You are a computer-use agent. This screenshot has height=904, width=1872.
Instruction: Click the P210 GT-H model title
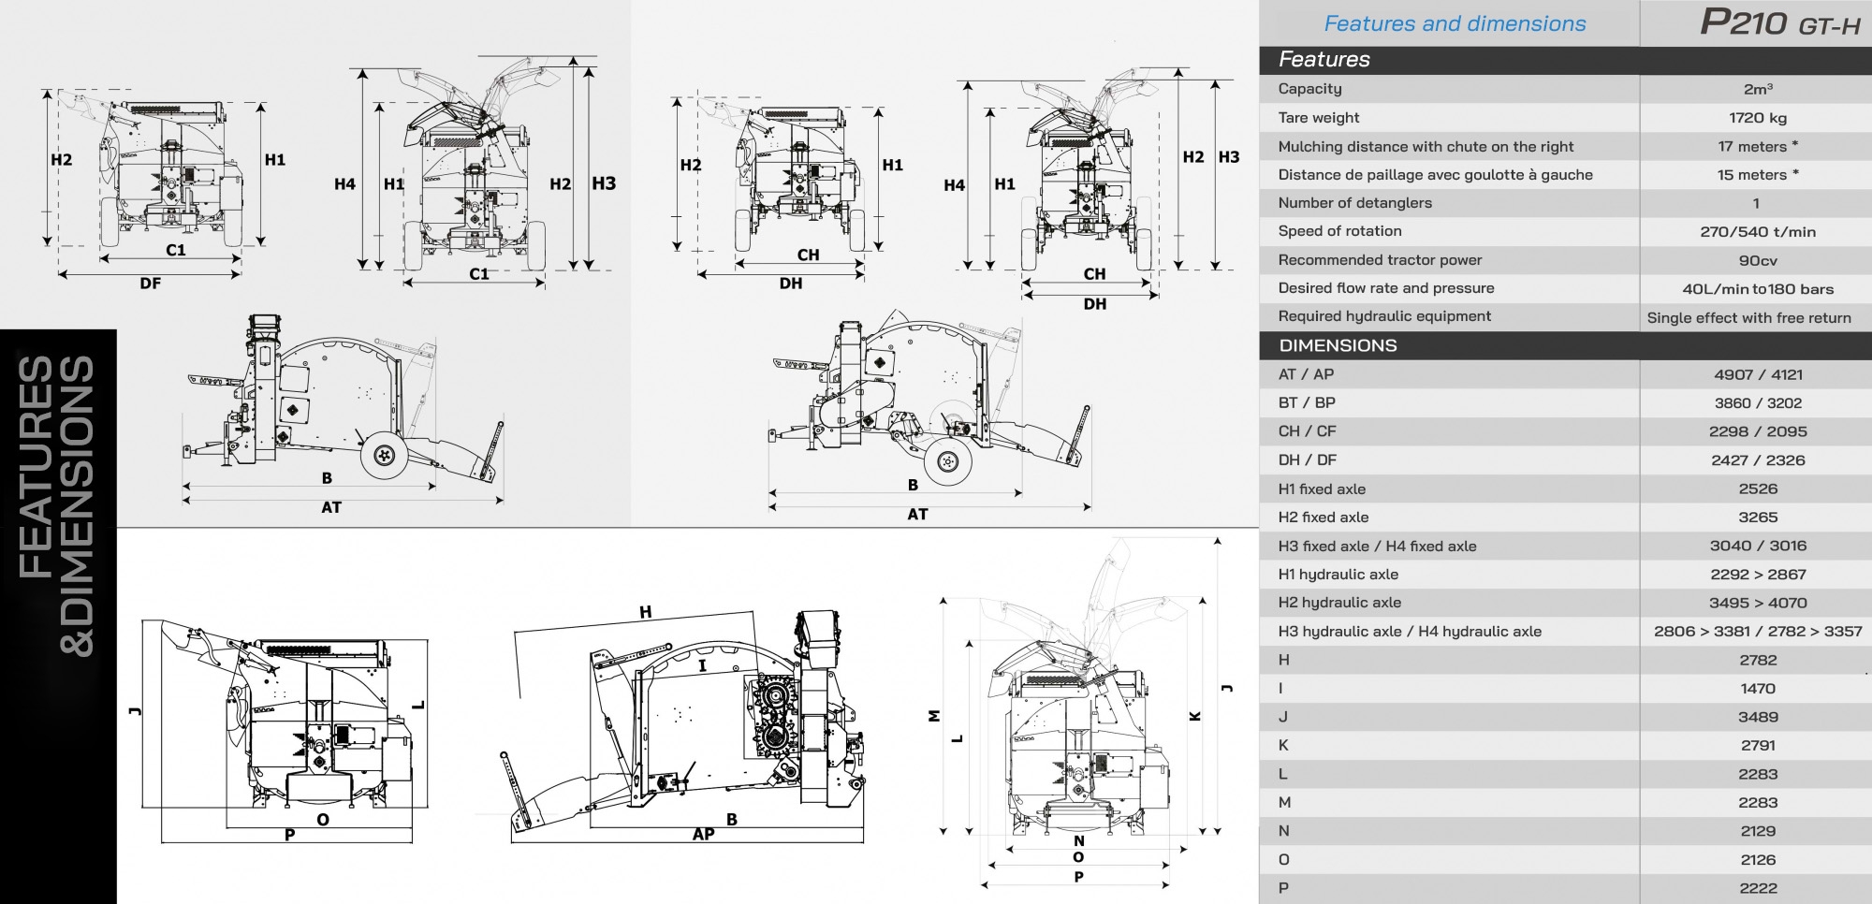[x=1779, y=22]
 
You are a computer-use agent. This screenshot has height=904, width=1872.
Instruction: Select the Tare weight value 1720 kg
[x=1757, y=118]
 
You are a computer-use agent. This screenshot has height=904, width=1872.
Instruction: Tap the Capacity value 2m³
[x=1757, y=89]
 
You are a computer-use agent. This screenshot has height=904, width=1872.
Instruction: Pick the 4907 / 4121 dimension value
[x=1758, y=374]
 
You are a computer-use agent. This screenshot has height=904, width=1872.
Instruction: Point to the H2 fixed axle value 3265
[x=1757, y=518]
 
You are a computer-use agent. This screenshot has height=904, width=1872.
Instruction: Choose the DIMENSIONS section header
[x=1338, y=345]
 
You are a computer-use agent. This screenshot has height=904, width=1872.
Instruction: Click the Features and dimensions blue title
[x=1455, y=23]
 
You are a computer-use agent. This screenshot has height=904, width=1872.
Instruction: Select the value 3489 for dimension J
[x=1757, y=717]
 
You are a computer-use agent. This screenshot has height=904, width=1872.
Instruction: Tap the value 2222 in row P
[x=1757, y=888]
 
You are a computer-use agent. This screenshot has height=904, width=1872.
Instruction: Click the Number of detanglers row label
[x=1354, y=203]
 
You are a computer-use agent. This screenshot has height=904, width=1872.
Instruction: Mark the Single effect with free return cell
[x=1748, y=317]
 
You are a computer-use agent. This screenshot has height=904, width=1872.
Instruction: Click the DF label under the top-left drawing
[x=150, y=284]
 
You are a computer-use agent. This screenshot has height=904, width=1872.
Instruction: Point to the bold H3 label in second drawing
[x=604, y=183]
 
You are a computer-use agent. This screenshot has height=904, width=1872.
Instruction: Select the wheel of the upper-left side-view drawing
[x=383, y=455]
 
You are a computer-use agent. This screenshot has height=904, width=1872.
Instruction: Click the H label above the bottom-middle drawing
[x=645, y=613]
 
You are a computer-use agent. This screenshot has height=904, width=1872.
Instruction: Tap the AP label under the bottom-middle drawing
[x=703, y=834]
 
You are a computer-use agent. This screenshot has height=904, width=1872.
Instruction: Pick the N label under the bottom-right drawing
[x=1078, y=841]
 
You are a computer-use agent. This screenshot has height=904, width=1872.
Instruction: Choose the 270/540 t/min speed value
[x=1757, y=232]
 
